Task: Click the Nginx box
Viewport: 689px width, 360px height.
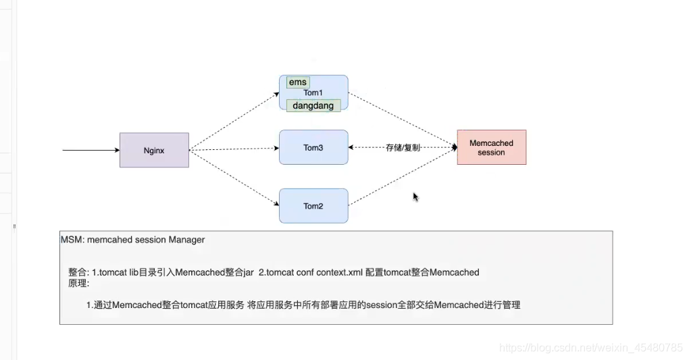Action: (x=154, y=150)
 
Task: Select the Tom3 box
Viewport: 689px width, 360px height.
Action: (x=313, y=147)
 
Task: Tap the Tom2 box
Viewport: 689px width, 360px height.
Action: (x=313, y=206)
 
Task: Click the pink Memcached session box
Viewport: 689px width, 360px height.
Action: (x=491, y=147)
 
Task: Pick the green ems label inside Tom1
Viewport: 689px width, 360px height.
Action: (x=297, y=82)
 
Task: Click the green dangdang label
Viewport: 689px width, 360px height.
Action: (x=313, y=105)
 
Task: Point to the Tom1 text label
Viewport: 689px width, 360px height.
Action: (x=313, y=93)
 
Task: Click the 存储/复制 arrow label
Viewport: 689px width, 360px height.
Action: (x=403, y=147)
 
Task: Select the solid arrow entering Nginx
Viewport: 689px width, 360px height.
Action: (x=91, y=150)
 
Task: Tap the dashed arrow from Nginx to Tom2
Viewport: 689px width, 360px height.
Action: (x=234, y=178)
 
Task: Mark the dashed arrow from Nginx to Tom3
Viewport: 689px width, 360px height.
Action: (x=234, y=149)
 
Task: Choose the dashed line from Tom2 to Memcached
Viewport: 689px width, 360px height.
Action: (x=403, y=177)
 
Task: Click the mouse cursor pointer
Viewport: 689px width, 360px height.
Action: (x=415, y=197)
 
